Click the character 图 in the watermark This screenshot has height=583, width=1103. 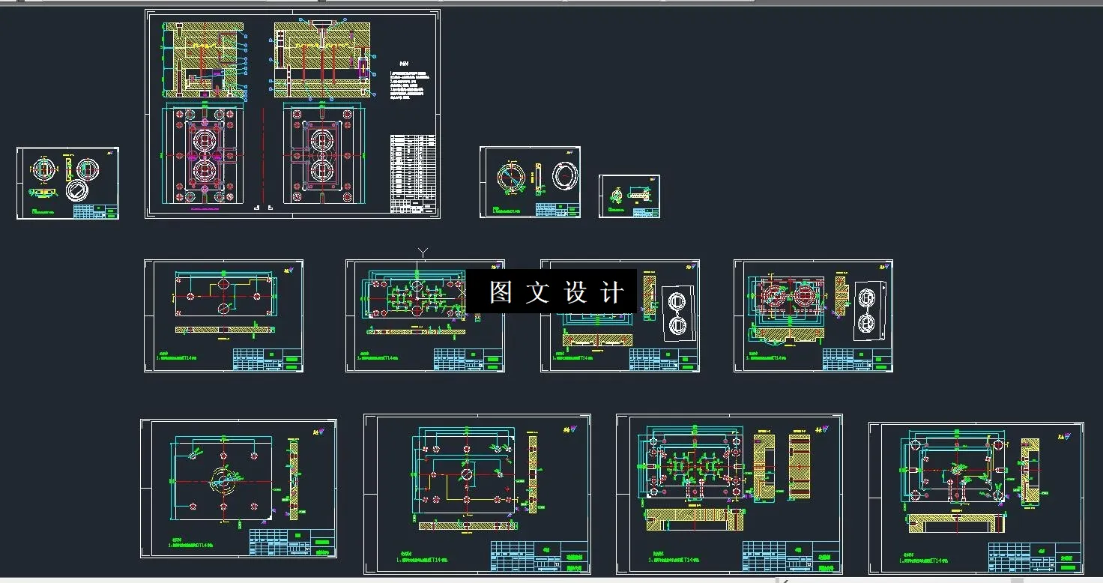coord(500,292)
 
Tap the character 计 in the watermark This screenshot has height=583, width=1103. coord(612,292)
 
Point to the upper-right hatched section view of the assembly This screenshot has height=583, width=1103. coord(321,60)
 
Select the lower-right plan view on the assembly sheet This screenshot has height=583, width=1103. coord(322,155)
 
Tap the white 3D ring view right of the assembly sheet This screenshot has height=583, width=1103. coord(565,175)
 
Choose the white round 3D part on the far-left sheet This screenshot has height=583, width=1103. coord(76,189)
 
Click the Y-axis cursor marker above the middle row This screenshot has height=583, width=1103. coord(423,253)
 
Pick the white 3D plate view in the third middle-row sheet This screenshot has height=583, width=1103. coord(677,312)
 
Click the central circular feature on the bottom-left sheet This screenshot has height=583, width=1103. coord(223,480)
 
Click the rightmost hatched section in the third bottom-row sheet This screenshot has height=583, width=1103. coord(800,466)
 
